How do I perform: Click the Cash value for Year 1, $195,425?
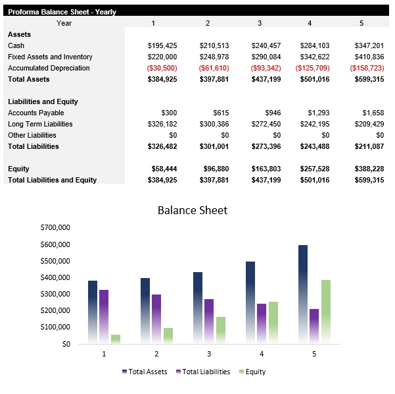pos(162,45)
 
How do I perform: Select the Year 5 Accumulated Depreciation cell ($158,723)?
pos(367,68)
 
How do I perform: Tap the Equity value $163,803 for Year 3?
pos(266,169)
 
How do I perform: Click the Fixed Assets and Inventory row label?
pos(50,57)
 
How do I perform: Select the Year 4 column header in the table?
pos(310,23)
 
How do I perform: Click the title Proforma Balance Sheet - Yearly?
pos(62,12)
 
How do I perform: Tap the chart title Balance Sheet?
pos(193,210)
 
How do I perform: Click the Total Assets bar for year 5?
pos(302,294)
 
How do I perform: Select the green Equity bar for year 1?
pos(116,339)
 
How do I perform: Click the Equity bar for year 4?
pos(273,322)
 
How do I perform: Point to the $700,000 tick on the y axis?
pos(55,227)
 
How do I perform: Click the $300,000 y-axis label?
pos(55,294)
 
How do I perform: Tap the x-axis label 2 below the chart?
pos(156,354)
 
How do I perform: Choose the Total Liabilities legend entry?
pos(203,372)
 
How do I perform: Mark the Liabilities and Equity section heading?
pos(43,101)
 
